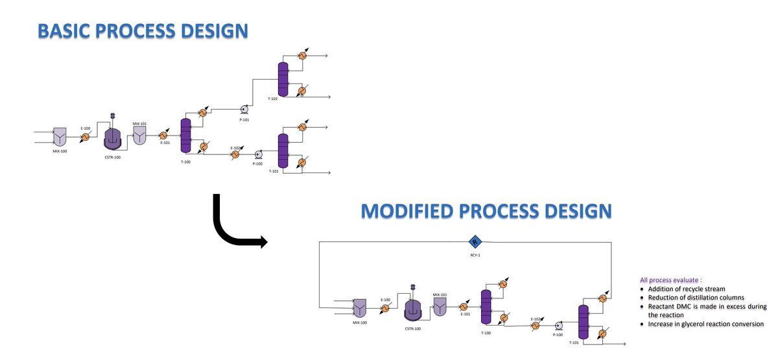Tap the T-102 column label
pos(272,99)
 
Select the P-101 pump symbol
pos(245,110)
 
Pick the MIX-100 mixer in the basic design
pos(60,136)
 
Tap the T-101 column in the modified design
pos(582,321)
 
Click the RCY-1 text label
pos(475,255)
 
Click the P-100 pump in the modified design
pos(558,325)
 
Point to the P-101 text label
pos(245,119)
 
